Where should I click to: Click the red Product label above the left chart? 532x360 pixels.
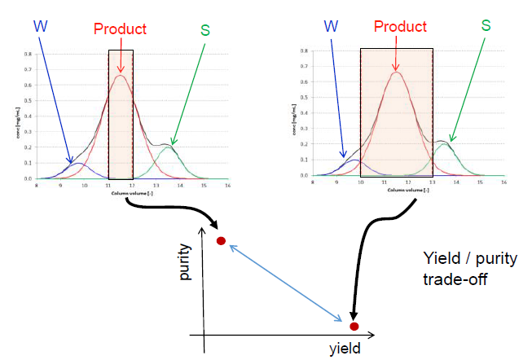[120, 29]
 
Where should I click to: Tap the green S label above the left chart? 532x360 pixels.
[204, 30]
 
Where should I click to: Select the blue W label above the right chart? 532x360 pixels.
[331, 24]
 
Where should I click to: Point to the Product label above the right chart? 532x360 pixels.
[400, 27]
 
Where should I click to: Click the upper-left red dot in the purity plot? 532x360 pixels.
[220, 241]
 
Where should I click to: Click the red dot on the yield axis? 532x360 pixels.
[354, 327]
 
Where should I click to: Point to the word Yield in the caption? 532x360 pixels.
[441, 260]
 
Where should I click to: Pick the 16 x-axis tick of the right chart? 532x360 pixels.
[504, 182]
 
